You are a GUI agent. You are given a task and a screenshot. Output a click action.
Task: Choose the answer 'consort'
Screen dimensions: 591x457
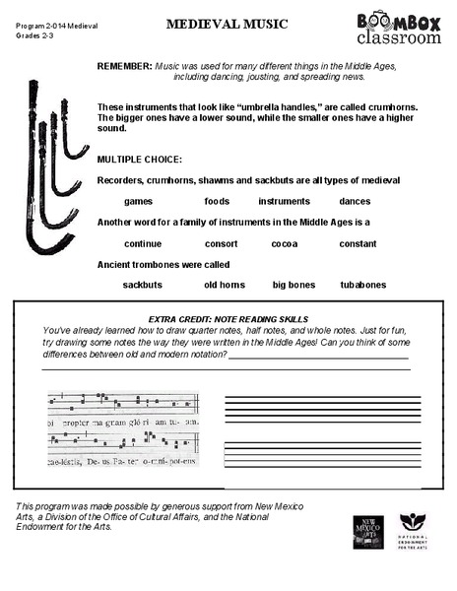(222, 243)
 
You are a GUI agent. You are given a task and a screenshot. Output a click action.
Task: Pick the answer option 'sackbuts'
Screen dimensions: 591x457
(142, 285)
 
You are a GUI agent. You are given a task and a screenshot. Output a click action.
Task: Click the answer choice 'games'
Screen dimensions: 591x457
(138, 200)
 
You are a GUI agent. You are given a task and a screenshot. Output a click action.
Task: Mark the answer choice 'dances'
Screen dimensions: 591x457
(354, 200)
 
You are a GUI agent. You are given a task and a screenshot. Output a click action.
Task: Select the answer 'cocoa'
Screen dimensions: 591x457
(285, 243)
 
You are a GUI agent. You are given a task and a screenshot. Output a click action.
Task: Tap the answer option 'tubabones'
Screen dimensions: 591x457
(362, 285)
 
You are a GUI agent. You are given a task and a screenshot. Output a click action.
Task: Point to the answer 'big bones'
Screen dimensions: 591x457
(294, 285)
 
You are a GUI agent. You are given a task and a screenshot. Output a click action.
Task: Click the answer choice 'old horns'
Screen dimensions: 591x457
(225, 285)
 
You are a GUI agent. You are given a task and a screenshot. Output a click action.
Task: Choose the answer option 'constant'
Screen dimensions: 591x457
(358, 243)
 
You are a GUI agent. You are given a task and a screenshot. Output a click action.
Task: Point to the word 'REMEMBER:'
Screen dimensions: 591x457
(124, 64)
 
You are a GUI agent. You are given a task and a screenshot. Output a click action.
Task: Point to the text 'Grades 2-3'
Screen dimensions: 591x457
(33, 34)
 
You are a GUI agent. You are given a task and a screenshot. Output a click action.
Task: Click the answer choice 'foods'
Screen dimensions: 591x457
(217, 200)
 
